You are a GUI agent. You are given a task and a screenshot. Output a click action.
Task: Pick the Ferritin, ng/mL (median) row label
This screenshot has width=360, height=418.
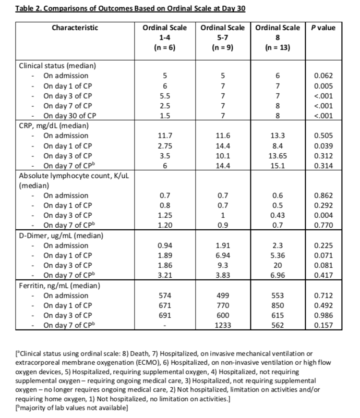pos(57,286)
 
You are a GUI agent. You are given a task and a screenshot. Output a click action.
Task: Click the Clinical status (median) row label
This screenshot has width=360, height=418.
pos(57,66)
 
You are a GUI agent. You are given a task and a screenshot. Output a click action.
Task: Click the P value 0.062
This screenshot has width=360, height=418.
pos(323,76)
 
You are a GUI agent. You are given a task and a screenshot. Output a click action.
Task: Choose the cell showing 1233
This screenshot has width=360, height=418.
pos(223,325)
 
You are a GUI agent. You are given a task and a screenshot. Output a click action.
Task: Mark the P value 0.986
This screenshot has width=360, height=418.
pos(323,315)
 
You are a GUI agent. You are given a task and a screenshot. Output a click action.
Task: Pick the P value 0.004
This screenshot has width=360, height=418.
pos(323,215)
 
